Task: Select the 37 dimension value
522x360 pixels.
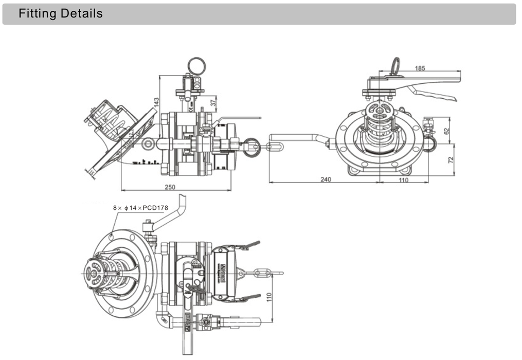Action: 213,103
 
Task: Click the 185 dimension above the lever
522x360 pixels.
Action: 420,68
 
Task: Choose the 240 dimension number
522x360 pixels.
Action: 325,179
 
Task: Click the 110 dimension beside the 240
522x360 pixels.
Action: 403,179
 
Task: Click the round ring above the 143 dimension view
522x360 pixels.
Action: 196,66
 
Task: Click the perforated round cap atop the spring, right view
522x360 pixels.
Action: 380,109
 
